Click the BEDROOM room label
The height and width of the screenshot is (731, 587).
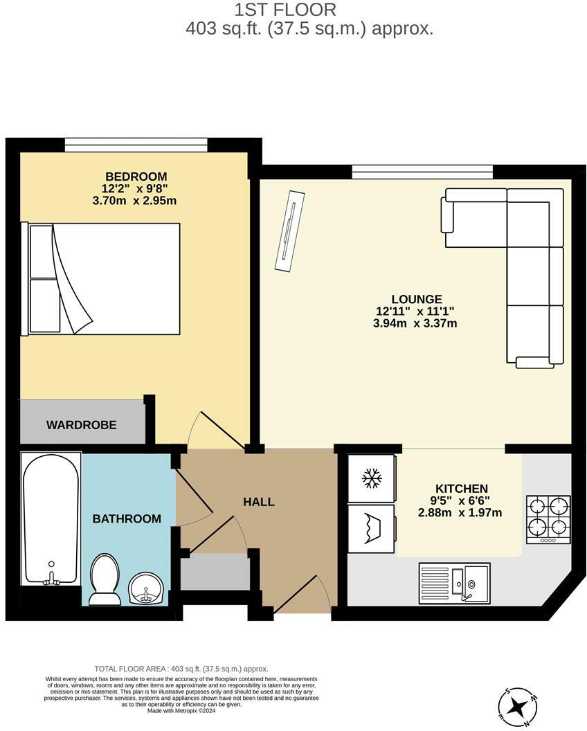pyautogui.click(x=136, y=177)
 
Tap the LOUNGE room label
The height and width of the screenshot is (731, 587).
pyautogui.click(x=415, y=299)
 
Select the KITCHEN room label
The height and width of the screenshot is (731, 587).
pyautogui.click(x=461, y=489)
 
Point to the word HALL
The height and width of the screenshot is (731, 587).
pyautogui.click(x=258, y=502)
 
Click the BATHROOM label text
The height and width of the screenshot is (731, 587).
pyautogui.click(x=127, y=518)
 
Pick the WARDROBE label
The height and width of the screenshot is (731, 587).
pyautogui.click(x=81, y=424)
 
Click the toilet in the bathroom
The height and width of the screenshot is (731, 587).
pyautogui.click(x=105, y=578)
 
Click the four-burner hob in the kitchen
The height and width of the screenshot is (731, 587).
pyautogui.click(x=548, y=519)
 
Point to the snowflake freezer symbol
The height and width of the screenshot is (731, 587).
pyautogui.click(x=372, y=478)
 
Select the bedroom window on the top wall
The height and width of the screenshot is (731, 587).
pyautogui.click(x=136, y=145)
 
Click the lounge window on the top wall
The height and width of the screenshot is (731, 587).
pyautogui.click(x=422, y=172)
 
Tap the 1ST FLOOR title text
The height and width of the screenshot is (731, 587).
pyautogui.click(x=285, y=10)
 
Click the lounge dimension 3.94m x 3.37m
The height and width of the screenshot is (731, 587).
pyautogui.click(x=415, y=323)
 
